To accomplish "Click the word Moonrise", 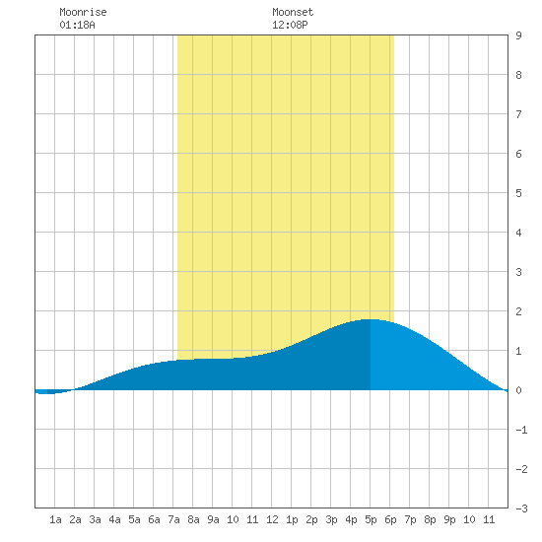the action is point(83,12).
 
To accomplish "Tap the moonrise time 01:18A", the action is point(77,25).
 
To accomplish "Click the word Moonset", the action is point(293,12).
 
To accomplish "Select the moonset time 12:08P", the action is point(290,25).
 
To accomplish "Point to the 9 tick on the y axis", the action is point(518,35).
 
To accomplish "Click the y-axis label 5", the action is point(518,193).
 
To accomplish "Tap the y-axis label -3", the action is point(521,508).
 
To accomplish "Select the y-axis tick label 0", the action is point(518,390).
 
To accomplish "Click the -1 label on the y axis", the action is point(521,430).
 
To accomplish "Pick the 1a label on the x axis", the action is point(55,519).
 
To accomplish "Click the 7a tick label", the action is point(173,519).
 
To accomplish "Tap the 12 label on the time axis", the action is point(272,519).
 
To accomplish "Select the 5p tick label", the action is point(371,519).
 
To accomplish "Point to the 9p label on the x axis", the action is point(449,519).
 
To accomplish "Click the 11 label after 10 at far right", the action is point(489,519).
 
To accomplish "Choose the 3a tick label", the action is point(95,519).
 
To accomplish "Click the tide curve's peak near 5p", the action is point(370,319).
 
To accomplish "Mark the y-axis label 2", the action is point(518,311).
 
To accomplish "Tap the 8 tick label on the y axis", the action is point(518,75).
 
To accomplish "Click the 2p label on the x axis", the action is point(311,519).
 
